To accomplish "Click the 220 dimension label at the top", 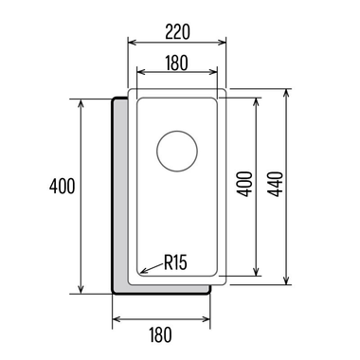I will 176,31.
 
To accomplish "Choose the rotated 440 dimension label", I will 274,185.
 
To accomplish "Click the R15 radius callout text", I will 175,262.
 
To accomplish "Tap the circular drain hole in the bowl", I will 176,151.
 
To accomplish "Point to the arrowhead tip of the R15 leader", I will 141,273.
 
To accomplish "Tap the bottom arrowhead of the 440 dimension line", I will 286,283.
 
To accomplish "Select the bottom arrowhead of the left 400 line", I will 82,292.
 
